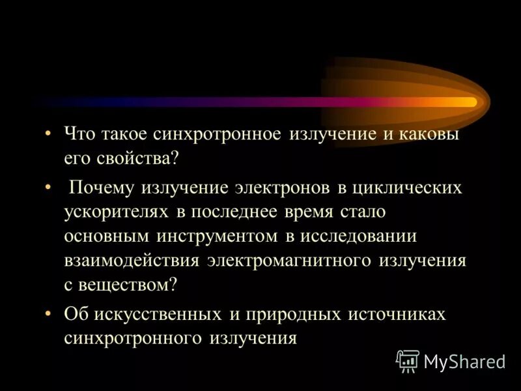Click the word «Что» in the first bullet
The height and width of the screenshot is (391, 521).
79,134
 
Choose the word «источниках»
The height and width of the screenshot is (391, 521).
397,314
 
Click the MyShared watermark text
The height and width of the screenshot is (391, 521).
464,361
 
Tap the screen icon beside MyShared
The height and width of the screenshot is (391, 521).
408,360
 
